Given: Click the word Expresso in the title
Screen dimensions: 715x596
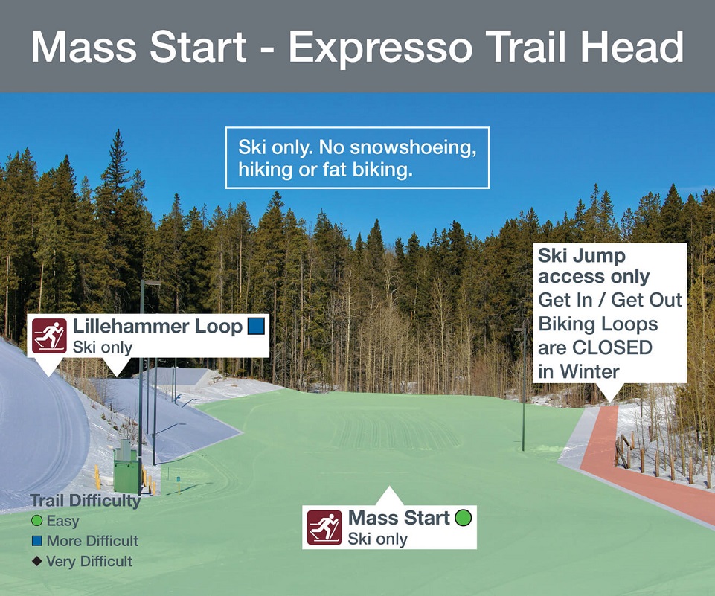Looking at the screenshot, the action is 380,48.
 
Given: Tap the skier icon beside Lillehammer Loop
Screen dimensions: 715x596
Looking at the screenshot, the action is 49,335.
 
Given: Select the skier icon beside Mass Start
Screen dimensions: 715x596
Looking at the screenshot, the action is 324,527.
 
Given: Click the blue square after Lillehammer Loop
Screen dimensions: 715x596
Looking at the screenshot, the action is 256,327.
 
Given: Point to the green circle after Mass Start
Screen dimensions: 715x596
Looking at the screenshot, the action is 464,518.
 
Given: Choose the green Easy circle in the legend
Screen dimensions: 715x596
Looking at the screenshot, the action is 36,520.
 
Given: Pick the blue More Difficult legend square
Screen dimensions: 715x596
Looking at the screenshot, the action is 37,541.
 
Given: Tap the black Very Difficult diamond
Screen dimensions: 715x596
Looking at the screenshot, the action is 37,561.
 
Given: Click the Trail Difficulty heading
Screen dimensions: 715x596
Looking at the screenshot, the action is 86,501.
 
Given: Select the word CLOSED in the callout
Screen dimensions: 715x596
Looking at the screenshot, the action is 612,347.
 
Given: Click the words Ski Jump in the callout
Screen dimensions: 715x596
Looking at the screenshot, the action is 582,255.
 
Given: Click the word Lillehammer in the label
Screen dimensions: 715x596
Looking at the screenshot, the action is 131,327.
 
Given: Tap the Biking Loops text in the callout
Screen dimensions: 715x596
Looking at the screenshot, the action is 597,324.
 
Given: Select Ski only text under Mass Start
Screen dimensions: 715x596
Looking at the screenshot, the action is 377,539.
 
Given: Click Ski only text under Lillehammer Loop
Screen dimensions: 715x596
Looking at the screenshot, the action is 103,347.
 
